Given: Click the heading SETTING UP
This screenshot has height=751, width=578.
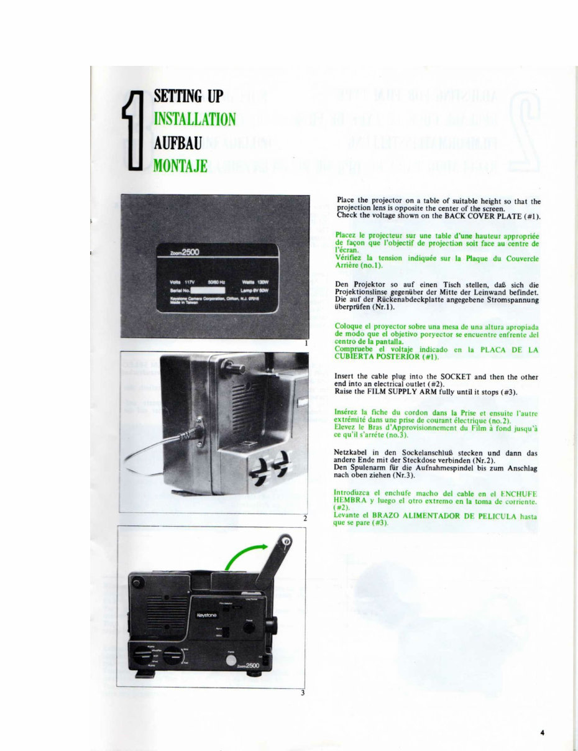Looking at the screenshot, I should click(x=188, y=96).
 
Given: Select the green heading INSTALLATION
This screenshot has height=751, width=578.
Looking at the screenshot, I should click(x=194, y=119).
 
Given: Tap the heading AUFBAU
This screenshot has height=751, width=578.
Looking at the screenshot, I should click(x=178, y=143).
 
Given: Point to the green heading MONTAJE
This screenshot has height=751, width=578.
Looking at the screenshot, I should click(x=180, y=166).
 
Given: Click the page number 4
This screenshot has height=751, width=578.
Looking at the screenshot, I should click(x=542, y=733).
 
